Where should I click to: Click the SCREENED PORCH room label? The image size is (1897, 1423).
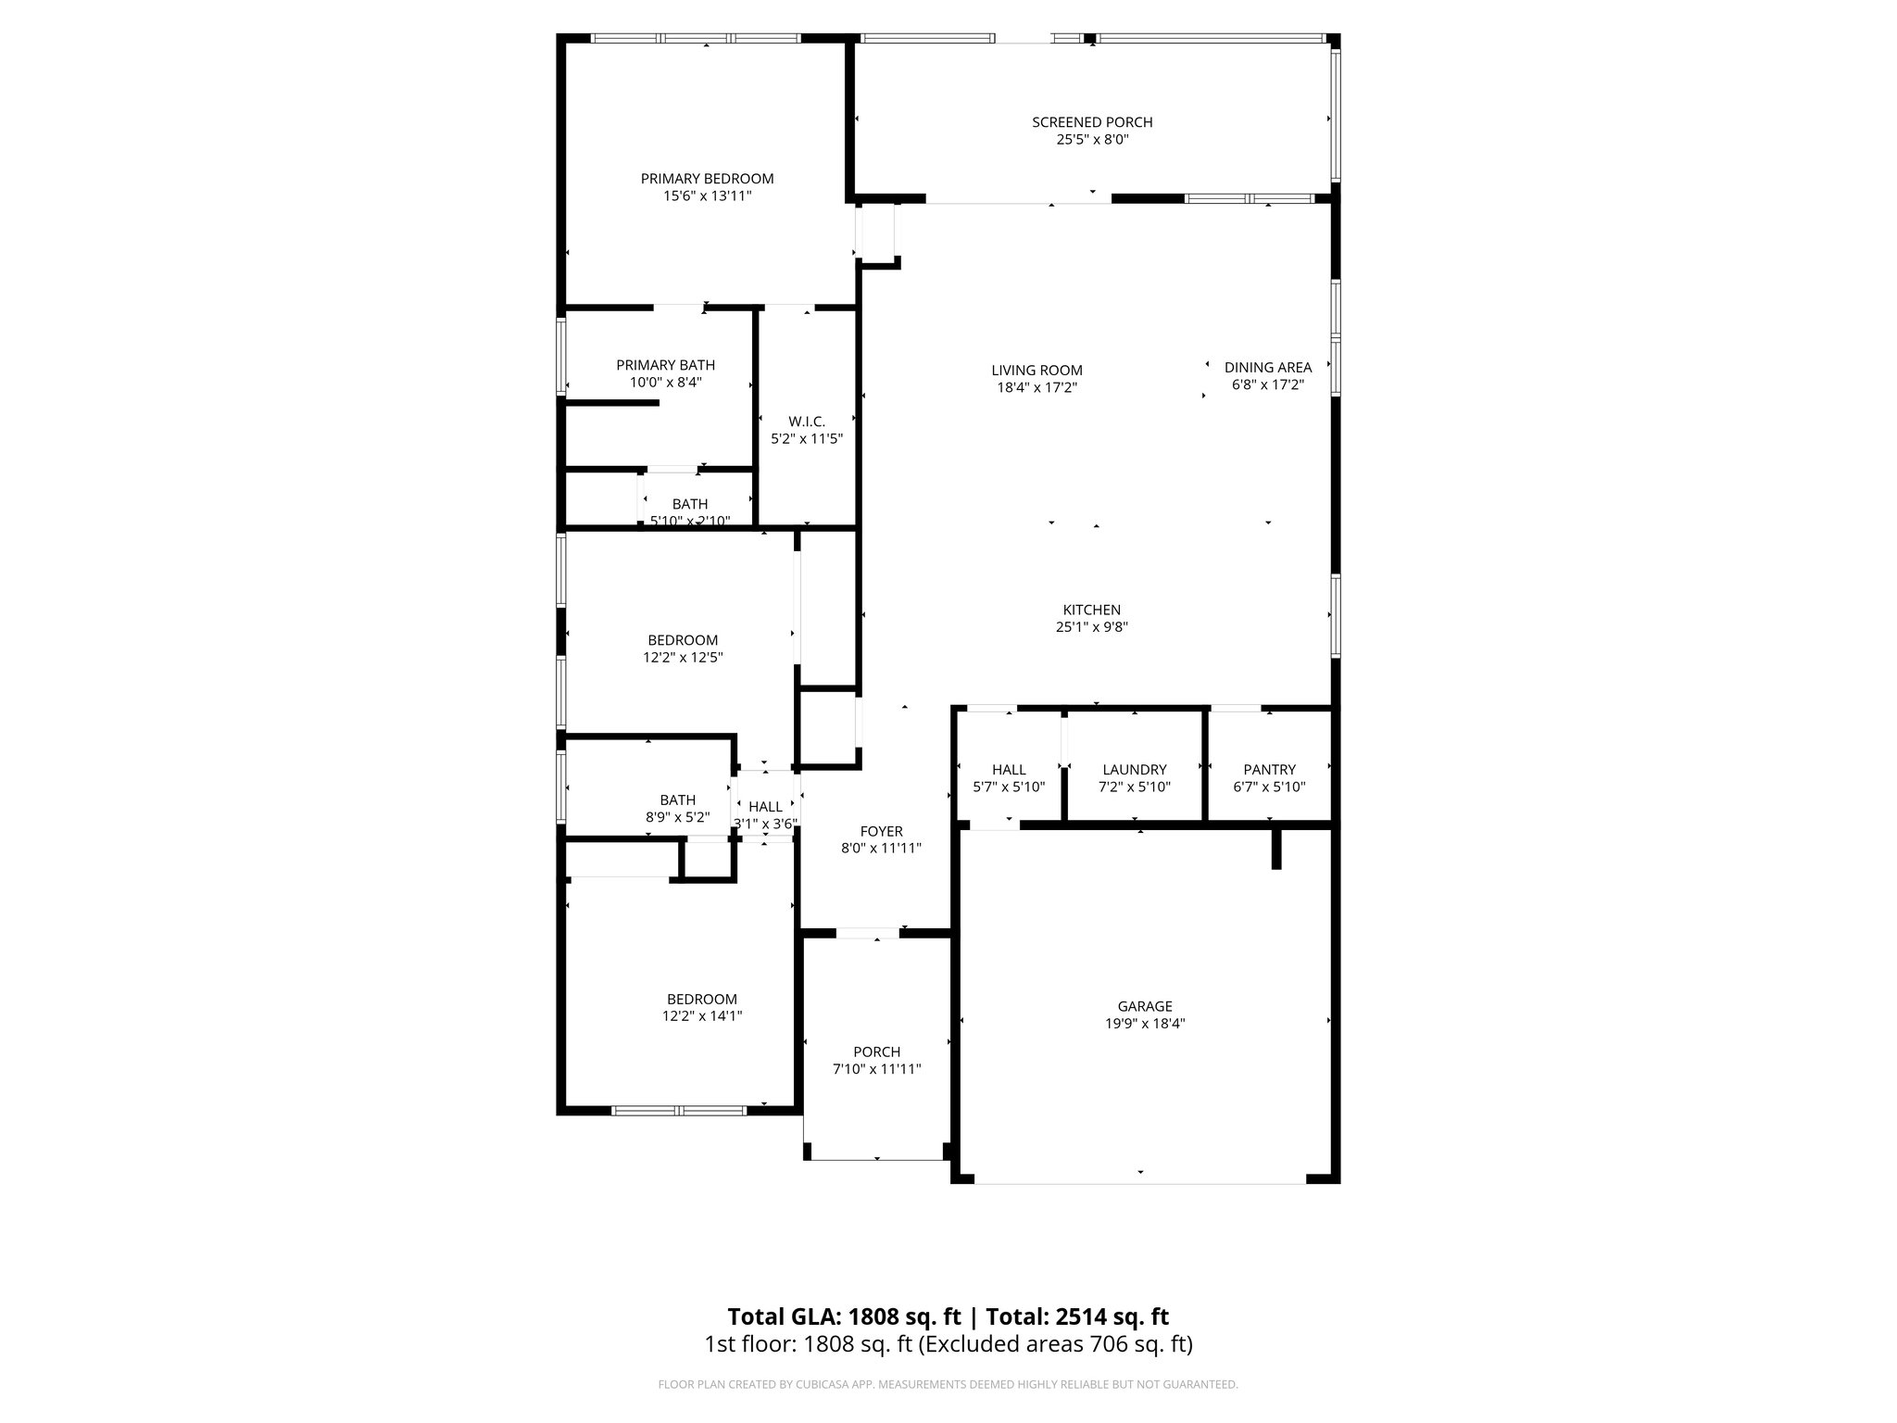coord(1092,122)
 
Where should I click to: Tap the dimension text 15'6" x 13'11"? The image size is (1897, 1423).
coord(707,196)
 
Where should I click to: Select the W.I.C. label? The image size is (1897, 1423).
coord(807,422)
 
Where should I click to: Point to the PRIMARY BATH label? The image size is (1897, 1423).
coord(665,365)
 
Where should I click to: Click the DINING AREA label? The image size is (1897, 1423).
coord(1267,367)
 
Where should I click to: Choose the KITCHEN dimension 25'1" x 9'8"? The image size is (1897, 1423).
coord(1091,627)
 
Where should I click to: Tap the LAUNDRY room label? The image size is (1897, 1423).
coord(1134,770)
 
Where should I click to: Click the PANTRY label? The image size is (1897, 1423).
coord(1269,770)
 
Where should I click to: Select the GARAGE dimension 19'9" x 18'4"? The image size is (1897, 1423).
coord(1145,1024)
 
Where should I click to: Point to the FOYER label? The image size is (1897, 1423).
coord(880,832)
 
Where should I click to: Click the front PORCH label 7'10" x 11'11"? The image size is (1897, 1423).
coord(876,1052)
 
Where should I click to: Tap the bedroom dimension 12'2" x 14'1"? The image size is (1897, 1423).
coord(701,1016)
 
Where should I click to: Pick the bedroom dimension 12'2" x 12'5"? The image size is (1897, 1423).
coord(683,658)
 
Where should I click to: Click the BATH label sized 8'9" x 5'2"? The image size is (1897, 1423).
coord(677,800)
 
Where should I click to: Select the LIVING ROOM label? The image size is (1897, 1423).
coord(1036,371)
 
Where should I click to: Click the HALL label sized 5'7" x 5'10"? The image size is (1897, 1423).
coord(1009,770)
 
